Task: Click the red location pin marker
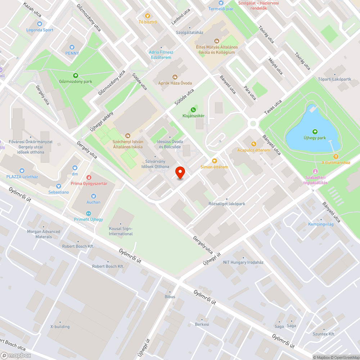[180, 173]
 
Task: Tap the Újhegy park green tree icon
[315, 132]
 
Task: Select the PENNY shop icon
[72, 47]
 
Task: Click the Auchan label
[93, 202]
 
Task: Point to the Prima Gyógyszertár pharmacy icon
[89, 177]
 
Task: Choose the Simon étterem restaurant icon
[215, 161]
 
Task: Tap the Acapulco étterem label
[253, 150]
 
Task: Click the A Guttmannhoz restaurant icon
[336, 157]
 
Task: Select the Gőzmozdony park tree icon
[76, 75]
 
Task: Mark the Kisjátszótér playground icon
[193, 109]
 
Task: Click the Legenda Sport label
[40, 30]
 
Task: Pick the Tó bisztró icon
[148, 16]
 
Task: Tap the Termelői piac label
[221, 9]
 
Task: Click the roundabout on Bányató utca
[253, 123]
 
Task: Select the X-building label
[60, 327]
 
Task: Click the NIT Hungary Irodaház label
[243, 262]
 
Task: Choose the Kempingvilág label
[321, 224]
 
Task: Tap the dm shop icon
[75, 168]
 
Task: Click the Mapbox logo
[15, 355]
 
